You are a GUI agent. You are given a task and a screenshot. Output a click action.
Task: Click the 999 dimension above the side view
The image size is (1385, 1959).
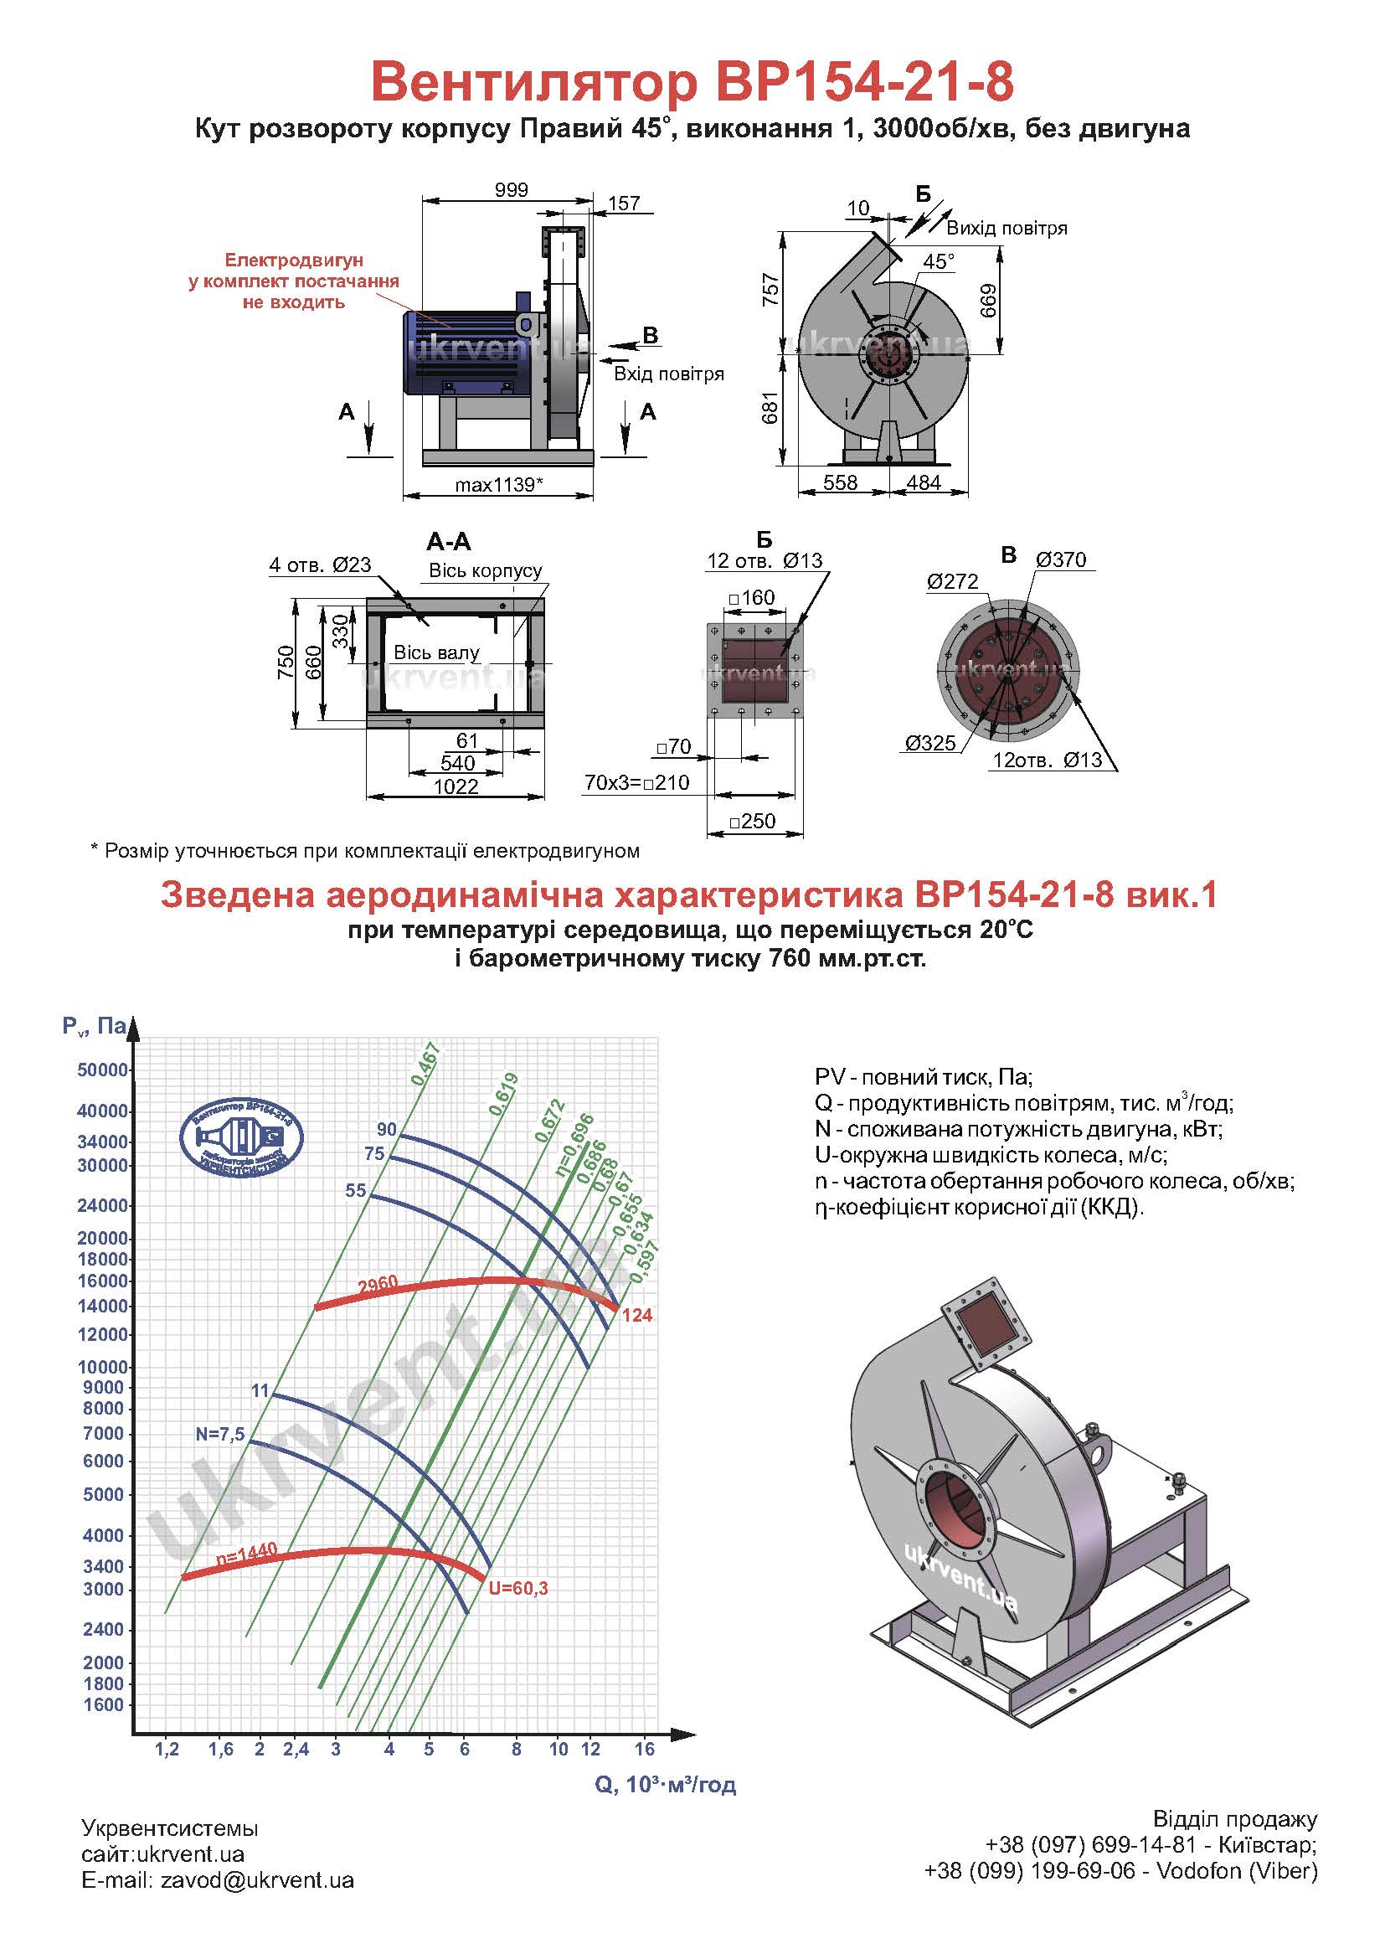point(511,189)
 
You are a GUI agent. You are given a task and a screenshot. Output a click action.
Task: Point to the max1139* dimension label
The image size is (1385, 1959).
point(499,485)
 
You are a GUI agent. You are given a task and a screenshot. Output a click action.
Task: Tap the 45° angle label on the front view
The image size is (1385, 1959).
point(938,261)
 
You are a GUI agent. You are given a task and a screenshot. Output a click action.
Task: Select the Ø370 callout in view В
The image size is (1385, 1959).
point(1061,559)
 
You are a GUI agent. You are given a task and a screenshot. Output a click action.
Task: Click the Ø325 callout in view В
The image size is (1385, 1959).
point(930,742)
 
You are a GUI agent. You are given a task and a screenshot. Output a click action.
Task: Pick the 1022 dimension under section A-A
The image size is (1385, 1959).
point(456,786)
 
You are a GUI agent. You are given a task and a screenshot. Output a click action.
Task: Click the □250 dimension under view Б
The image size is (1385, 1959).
point(753,821)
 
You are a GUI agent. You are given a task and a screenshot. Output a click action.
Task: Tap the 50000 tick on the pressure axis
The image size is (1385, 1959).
point(102,1070)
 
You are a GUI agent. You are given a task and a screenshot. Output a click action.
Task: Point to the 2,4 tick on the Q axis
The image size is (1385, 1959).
point(296,1748)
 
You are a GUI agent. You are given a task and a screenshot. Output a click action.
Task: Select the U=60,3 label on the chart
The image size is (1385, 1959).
point(517,1588)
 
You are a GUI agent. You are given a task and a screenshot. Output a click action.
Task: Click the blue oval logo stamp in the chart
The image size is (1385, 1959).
point(241,1136)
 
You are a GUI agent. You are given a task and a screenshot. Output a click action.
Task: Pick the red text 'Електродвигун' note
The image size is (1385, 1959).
point(293,260)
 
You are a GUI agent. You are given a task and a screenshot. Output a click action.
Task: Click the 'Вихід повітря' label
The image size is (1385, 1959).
point(1007,228)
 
